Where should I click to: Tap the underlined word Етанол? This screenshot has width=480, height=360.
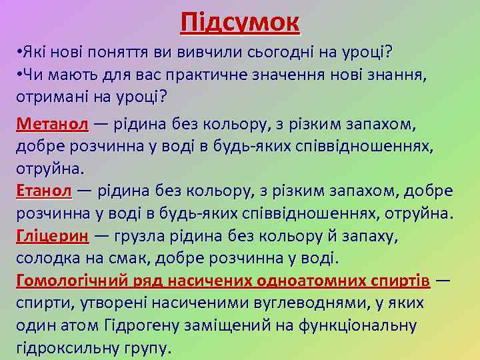point(43,191)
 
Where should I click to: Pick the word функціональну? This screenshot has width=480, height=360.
point(358,325)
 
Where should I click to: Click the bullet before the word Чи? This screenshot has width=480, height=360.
point(19,73)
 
